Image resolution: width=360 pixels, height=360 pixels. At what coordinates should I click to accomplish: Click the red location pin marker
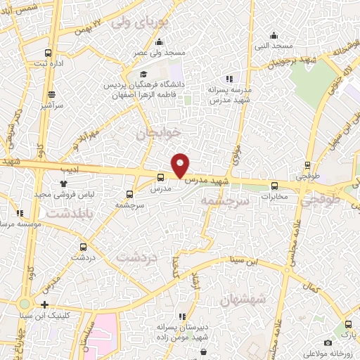pos(181,165)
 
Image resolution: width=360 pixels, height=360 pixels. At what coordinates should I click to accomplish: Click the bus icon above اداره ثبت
pos(48,53)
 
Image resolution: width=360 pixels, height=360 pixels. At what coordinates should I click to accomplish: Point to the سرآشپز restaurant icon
pos(51,94)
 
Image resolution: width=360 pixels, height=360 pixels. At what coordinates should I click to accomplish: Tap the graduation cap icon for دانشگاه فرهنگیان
pos(143,75)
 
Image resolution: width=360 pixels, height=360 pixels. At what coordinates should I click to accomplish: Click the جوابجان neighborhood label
pos(160,132)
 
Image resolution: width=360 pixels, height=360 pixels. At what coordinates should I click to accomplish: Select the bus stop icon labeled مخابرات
pos(274,186)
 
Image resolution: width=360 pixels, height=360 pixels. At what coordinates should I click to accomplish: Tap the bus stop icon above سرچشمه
pos(129,194)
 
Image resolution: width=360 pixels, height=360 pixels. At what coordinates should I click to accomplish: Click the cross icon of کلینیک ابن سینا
pos(44,305)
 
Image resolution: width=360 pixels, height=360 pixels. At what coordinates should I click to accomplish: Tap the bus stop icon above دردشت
pos(84,246)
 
